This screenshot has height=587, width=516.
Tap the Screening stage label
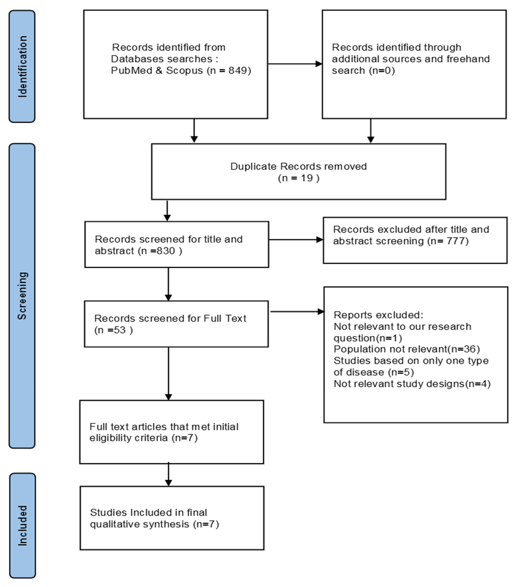click(x=22, y=296)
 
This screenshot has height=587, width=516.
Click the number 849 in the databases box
click(x=237, y=70)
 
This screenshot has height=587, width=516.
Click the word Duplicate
click(x=254, y=166)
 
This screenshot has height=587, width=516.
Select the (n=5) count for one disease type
click(x=401, y=372)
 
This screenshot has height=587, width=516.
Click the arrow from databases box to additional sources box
click(x=295, y=64)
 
